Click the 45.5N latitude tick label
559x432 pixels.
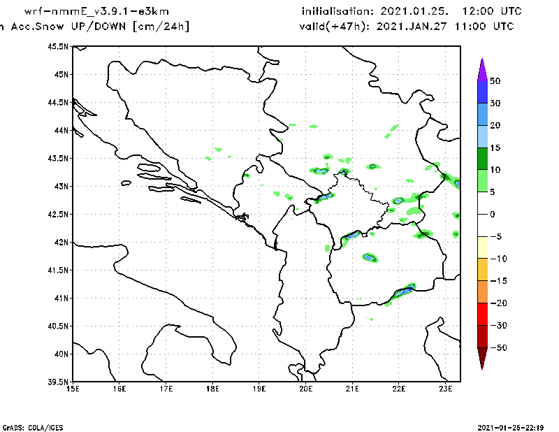coord(58,47)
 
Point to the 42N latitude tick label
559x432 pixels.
coord(60,243)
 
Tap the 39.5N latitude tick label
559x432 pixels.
coord(58,382)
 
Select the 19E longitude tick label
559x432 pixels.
coord(259,389)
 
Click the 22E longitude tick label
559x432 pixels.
coord(400,389)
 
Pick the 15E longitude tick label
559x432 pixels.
coord(72,389)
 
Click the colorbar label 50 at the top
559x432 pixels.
coord(495,81)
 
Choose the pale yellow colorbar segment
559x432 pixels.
coord(482,247)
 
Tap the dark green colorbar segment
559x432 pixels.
coord(482,159)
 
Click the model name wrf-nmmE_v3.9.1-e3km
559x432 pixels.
coord(96,12)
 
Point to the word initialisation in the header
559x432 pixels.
coord(337,12)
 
